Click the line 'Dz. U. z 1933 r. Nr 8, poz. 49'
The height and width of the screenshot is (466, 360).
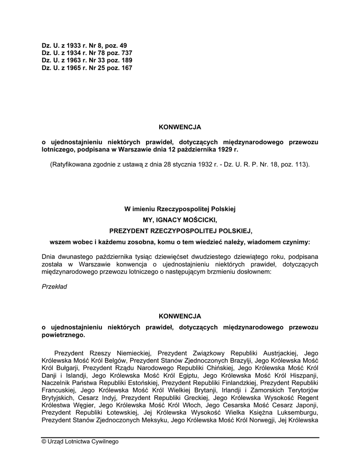(x=84, y=46)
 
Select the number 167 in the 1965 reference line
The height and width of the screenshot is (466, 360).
(x=127, y=67)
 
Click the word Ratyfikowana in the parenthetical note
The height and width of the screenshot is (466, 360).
(x=70, y=164)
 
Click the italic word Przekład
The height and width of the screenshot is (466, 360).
(x=54, y=286)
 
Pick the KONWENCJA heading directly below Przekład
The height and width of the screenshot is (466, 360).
(x=180, y=315)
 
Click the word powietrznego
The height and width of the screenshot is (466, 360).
(x=63, y=334)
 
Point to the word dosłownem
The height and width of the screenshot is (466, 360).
(x=254, y=272)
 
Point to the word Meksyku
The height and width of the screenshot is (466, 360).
(x=154, y=420)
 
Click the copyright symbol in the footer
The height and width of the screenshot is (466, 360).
(x=44, y=441)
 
